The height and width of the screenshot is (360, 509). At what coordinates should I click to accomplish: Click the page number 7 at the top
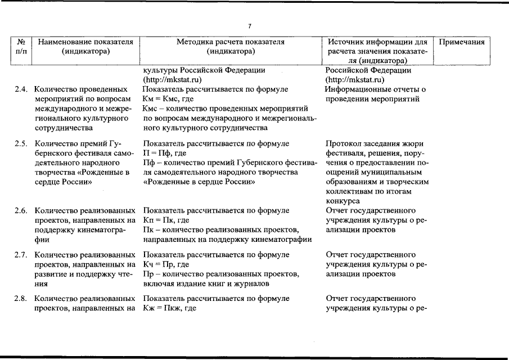click(x=250, y=26)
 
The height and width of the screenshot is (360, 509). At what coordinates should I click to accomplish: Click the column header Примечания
click(x=461, y=42)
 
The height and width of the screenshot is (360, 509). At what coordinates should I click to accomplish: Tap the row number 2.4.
click(x=21, y=89)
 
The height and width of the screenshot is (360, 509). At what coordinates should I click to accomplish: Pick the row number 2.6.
click(x=21, y=210)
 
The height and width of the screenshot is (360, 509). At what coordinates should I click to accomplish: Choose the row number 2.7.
click(x=21, y=255)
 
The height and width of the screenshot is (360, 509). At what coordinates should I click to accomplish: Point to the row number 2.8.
click(x=21, y=298)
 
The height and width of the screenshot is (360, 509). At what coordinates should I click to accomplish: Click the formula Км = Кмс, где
click(x=168, y=98)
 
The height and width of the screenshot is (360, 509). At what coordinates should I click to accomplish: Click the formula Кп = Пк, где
click(x=166, y=220)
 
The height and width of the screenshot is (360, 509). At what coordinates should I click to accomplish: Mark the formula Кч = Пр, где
click(x=166, y=264)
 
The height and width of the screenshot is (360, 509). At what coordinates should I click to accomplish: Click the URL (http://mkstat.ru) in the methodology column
click(x=172, y=79)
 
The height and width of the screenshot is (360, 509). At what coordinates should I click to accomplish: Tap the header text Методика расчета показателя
click(x=231, y=42)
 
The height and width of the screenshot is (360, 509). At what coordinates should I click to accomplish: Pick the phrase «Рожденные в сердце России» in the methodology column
click(x=200, y=182)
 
